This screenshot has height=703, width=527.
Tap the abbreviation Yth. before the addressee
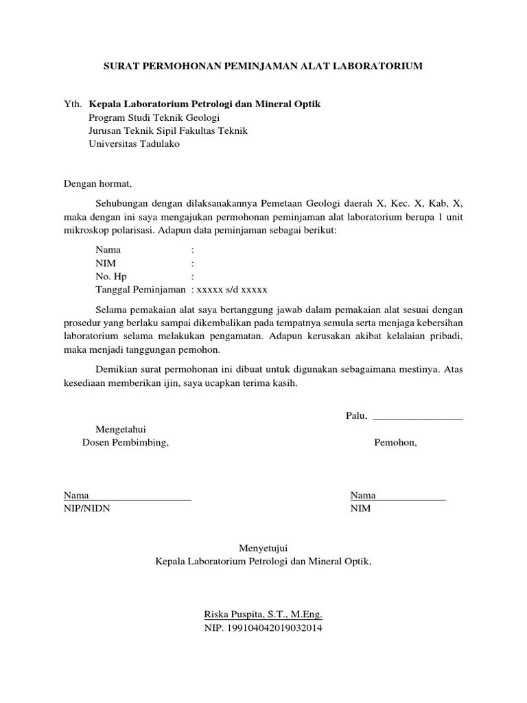[x=72, y=104]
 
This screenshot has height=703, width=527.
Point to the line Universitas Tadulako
[x=134, y=144]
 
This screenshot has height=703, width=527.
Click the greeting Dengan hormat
[x=97, y=184]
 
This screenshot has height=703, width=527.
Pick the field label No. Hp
[x=110, y=276]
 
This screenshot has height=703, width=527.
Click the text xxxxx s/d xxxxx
[x=233, y=289]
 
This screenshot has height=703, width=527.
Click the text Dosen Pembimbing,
[x=125, y=443]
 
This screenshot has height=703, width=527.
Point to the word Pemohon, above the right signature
[x=395, y=443]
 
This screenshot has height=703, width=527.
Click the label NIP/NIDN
[x=86, y=509]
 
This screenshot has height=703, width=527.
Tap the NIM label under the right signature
[x=360, y=509]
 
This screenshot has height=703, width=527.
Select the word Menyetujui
[x=263, y=549]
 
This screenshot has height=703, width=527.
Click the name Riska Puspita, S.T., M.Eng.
[x=263, y=614]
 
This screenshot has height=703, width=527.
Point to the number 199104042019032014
[x=274, y=628]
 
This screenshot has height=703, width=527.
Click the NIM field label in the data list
[x=106, y=263]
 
